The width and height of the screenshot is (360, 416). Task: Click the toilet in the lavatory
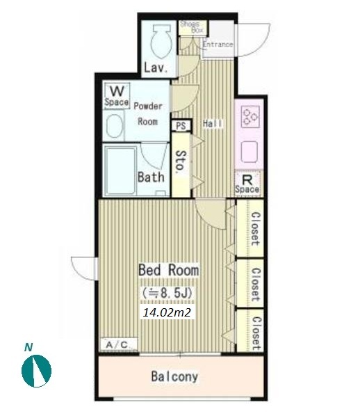161,41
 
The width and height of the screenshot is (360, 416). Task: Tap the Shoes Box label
192,27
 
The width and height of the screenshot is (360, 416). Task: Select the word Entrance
218,45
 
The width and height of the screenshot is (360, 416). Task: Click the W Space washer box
117,95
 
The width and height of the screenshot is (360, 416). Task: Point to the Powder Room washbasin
115,127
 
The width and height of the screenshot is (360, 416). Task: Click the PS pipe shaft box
181,125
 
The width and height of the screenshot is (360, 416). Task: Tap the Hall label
213,123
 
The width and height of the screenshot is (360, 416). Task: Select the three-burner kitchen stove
250,116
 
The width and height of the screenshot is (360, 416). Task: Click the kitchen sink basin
249,152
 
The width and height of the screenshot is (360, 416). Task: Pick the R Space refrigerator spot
247,184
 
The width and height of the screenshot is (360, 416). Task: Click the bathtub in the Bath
121,170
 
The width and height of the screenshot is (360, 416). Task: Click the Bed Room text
169,271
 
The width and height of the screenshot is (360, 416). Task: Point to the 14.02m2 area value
167,312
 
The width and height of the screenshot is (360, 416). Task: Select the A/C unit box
119,344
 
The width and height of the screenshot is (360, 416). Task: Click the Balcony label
174,376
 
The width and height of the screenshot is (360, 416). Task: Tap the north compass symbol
36,371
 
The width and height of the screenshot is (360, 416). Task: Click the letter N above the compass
28,347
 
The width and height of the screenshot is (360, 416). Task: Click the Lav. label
156,68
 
